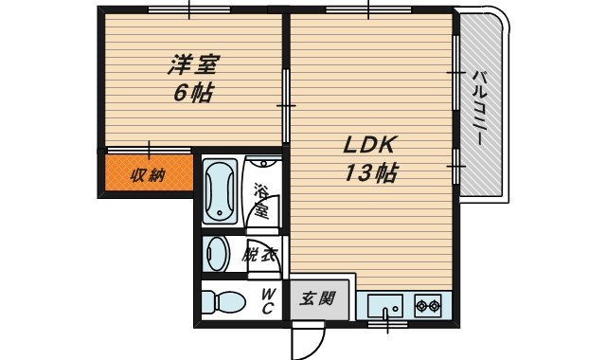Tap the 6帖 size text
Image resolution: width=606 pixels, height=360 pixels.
click(x=192, y=93)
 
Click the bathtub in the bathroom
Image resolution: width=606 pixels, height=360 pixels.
click(x=220, y=190)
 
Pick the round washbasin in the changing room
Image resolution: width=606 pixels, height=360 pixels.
click(x=218, y=254)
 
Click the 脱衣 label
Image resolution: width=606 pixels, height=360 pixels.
click(x=258, y=254)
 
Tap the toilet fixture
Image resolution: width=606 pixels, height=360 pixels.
click(x=223, y=302)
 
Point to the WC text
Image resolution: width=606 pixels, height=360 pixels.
click(x=267, y=302)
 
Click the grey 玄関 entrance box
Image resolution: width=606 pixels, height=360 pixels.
click(x=318, y=300)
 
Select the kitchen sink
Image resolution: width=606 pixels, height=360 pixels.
click(x=385, y=306)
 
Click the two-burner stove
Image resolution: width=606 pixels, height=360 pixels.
click(x=428, y=306)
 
